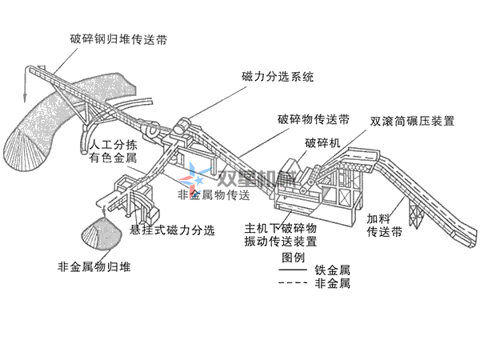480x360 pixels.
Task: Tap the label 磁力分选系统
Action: coord(277,78)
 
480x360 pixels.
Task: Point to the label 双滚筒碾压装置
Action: coord(412,122)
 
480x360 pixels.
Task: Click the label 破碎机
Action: coord(322,143)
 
